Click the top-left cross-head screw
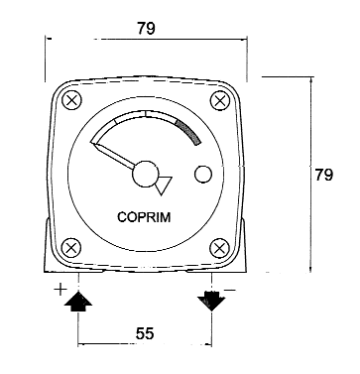(71, 100)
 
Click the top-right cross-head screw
(220, 100)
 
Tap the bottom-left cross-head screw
(71, 248)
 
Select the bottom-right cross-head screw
(220, 248)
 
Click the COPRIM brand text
(144, 217)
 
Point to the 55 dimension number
(145, 333)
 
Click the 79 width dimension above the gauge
(146, 29)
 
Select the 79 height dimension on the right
(323, 175)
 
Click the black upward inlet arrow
(78, 302)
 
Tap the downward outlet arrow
(211, 301)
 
